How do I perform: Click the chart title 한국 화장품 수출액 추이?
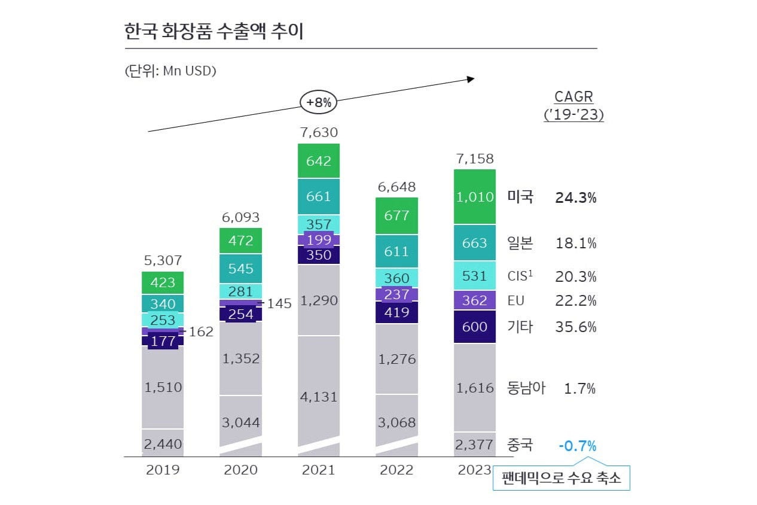point(214,31)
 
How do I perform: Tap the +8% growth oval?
point(318,102)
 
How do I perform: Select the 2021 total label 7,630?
point(318,132)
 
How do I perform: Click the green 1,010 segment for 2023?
point(475,197)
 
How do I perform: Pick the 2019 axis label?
point(163,470)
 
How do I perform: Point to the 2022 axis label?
point(396,470)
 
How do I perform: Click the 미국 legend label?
point(520,197)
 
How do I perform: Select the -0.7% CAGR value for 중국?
point(577,446)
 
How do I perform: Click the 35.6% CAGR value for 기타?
point(576,327)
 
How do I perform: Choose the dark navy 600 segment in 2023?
point(475,327)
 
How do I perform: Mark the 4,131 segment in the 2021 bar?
point(318,396)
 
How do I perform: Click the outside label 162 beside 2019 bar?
point(201,331)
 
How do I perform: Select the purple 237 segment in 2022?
point(396,294)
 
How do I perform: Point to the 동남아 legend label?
point(526,388)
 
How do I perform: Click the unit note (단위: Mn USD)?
point(170,71)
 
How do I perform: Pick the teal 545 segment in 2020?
point(240,269)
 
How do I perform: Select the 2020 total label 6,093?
point(240,217)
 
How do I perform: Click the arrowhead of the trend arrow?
point(471,79)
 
